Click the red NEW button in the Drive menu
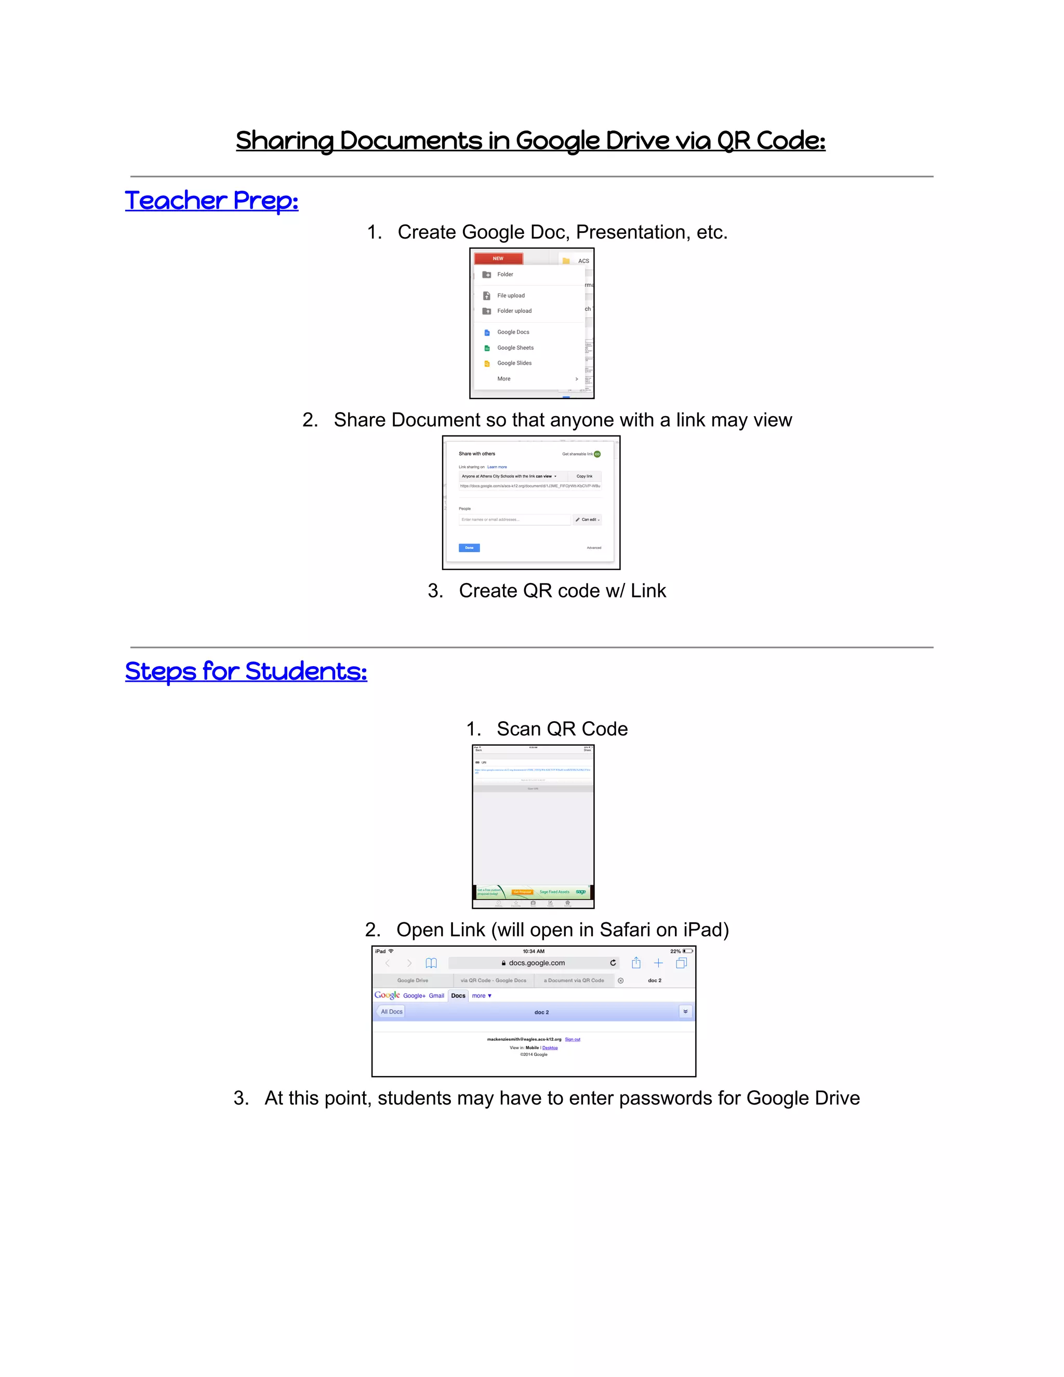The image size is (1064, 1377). (x=498, y=258)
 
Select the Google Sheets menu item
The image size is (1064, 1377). (x=514, y=348)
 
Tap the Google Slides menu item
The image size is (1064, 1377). (x=514, y=363)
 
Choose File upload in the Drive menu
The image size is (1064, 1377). (x=510, y=295)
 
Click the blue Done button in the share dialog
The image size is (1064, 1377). (x=469, y=548)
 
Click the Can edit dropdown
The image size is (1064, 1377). (x=588, y=520)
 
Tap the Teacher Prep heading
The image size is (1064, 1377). (x=211, y=201)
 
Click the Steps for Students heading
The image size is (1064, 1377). (x=246, y=671)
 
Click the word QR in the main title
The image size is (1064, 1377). (x=733, y=141)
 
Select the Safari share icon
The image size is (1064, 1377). (x=636, y=963)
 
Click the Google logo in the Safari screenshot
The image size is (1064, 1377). (x=387, y=995)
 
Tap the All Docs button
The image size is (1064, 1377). (x=391, y=1011)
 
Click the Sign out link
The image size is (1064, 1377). (x=573, y=1039)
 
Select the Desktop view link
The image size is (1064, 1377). (x=550, y=1047)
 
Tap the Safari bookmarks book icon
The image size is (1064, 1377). (x=431, y=963)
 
